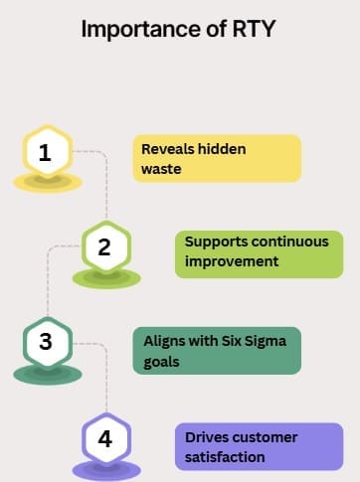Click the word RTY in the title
pyautogui.click(x=254, y=29)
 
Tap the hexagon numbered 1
pyautogui.click(x=48, y=152)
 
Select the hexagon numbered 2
pyautogui.click(x=106, y=246)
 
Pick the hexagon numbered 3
pyautogui.click(x=48, y=342)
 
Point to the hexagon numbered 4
pyautogui.click(x=106, y=438)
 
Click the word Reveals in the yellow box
pyautogui.click(x=167, y=149)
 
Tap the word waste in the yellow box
pyautogui.click(x=161, y=169)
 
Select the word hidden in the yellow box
pyautogui.click(x=222, y=149)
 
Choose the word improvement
pyautogui.click(x=232, y=261)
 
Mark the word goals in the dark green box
pyautogui.click(x=161, y=362)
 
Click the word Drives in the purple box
pyautogui.click(x=205, y=437)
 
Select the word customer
pyautogui.click(x=264, y=437)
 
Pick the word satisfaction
pyautogui.click(x=225, y=457)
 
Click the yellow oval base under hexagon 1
pyautogui.click(x=48, y=183)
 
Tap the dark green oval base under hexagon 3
pyautogui.click(x=48, y=375)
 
